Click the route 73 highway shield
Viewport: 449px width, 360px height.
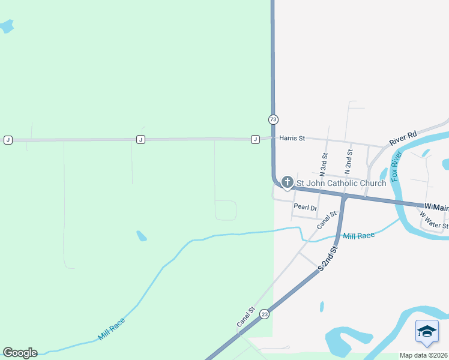[273, 119]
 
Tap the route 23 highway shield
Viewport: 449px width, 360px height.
[264, 314]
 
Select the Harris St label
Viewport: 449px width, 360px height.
[291, 138]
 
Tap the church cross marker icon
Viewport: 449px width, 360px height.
[287, 182]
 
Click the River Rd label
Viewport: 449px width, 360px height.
[403, 139]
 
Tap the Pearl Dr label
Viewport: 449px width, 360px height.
[305, 207]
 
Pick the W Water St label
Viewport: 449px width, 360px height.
[433, 220]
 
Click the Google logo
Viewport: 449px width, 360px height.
[20, 353]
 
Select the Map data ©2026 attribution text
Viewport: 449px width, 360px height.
[424, 355]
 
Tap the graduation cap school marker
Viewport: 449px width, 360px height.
[427, 332]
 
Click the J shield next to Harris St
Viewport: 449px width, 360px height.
[255, 139]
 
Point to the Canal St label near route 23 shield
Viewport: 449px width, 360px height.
[246, 317]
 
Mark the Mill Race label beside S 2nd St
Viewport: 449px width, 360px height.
[358, 236]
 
